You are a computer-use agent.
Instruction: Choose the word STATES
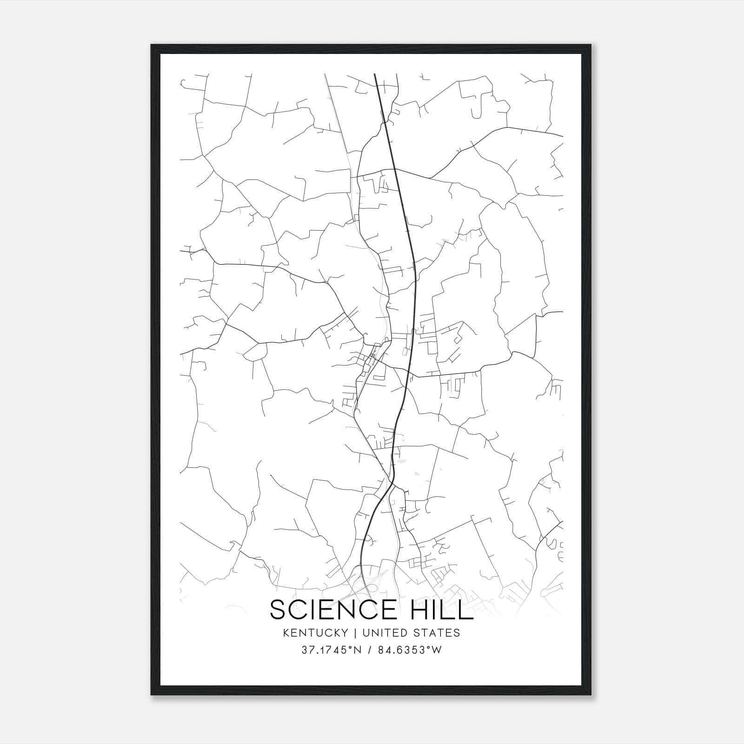[438, 633]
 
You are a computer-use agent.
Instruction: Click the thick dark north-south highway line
[414, 279]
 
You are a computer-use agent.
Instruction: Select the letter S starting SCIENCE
[277, 610]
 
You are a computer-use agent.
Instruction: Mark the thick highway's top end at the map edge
[375, 74]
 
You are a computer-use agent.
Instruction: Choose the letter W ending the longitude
[437, 650]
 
